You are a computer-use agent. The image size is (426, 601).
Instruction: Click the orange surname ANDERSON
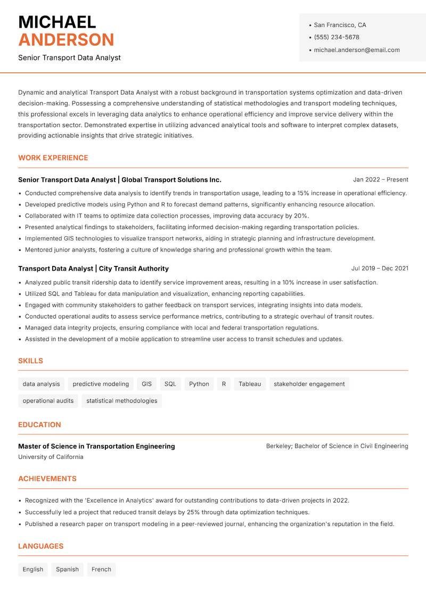(66, 40)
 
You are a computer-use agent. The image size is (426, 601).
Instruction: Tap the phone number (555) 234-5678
(336, 37)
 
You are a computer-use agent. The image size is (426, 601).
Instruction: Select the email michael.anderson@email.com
(356, 50)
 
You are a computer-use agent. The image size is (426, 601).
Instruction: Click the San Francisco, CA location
(340, 25)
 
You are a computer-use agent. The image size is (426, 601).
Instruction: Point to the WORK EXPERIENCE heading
(53, 158)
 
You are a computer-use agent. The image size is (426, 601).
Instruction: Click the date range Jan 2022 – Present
(380, 180)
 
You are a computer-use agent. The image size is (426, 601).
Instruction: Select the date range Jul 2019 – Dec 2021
(380, 269)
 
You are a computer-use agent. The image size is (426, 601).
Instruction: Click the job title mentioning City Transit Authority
(93, 269)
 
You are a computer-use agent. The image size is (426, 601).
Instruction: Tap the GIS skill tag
(146, 384)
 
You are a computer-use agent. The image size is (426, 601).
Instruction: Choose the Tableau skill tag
(250, 384)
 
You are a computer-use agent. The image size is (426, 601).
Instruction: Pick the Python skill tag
(199, 384)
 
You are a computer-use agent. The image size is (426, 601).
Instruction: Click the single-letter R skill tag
(224, 384)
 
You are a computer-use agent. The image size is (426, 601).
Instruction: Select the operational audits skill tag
(48, 401)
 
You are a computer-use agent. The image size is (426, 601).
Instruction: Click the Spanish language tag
(67, 570)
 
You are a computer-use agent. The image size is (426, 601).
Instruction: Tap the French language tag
(101, 570)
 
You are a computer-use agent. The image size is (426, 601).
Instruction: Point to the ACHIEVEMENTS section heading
(47, 479)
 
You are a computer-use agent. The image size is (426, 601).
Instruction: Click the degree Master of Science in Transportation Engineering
(96, 446)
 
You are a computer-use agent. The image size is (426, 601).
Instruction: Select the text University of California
(51, 457)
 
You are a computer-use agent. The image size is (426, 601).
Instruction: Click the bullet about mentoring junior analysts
(178, 250)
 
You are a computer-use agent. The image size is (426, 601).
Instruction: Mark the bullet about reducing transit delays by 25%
(167, 512)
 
